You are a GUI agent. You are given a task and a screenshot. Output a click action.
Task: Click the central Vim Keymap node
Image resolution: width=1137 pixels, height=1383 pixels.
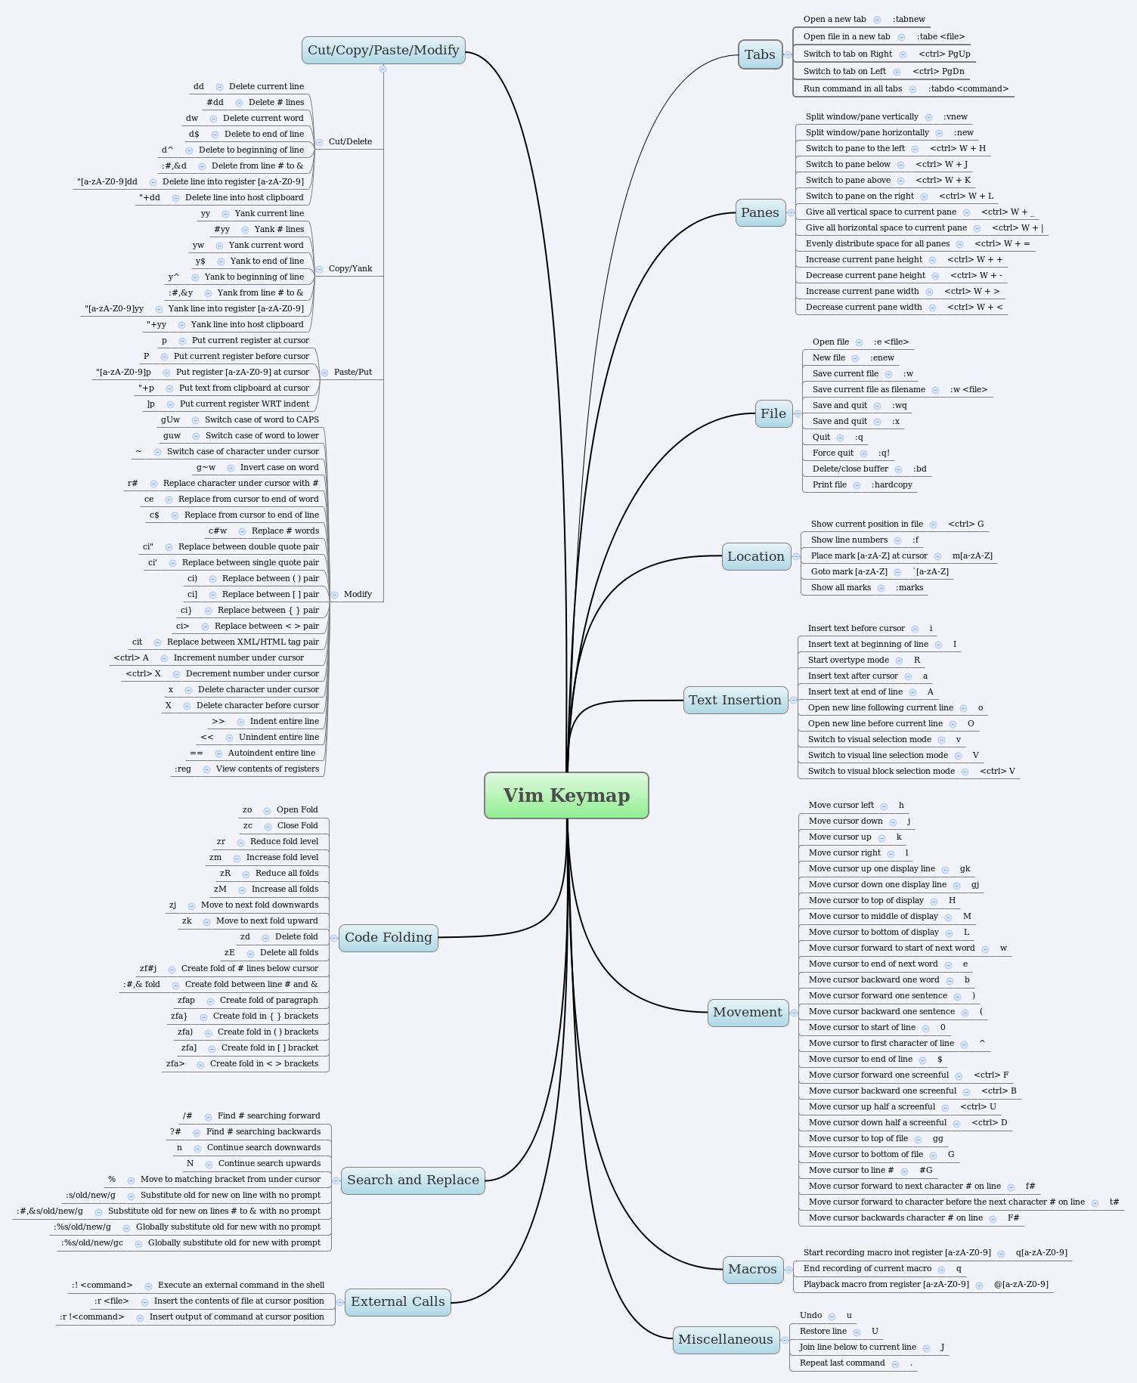click(x=566, y=795)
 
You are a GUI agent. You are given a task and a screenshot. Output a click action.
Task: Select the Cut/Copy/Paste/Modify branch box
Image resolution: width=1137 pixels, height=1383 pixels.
click(x=383, y=51)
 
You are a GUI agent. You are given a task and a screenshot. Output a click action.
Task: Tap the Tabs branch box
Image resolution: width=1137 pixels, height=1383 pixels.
click(x=760, y=54)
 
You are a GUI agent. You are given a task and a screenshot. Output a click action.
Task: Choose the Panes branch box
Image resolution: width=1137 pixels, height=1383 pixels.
click(x=760, y=212)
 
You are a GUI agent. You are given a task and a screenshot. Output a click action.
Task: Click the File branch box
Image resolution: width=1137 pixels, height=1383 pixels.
click(x=773, y=413)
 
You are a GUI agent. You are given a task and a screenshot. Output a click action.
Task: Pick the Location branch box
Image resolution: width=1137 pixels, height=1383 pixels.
click(x=756, y=556)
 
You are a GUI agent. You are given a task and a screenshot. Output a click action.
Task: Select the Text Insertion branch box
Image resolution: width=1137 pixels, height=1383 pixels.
click(x=735, y=700)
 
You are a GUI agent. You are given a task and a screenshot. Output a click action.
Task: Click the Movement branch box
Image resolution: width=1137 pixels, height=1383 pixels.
click(x=748, y=1012)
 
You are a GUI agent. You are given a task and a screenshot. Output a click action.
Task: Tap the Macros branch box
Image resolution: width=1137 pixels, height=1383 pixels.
click(x=752, y=1269)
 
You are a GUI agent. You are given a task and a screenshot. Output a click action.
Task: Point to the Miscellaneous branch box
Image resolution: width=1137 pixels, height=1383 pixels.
click(x=726, y=1339)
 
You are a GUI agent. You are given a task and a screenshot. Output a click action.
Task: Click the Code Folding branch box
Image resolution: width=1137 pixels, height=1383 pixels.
click(x=389, y=937)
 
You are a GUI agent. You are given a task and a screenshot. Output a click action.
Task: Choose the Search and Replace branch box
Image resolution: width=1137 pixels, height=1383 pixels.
click(x=413, y=1180)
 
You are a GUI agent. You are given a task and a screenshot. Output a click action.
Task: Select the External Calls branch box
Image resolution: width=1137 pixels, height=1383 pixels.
click(x=398, y=1301)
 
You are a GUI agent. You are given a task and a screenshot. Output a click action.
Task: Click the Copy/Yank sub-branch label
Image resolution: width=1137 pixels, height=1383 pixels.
click(x=350, y=268)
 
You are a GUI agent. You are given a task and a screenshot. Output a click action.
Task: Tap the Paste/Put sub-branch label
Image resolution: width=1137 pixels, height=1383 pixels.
click(x=353, y=372)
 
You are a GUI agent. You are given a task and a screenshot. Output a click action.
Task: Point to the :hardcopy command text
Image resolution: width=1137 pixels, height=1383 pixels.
click(x=892, y=484)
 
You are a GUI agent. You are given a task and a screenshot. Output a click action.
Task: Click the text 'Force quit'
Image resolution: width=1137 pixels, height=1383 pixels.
click(x=833, y=453)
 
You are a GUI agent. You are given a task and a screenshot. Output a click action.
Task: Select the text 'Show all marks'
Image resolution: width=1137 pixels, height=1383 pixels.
click(x=841, y=587)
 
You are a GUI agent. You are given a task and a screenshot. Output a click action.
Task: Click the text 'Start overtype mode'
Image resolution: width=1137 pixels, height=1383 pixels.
click(x=848, y=660)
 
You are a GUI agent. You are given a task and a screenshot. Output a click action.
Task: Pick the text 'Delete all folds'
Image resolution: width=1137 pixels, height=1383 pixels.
click(x=289, y=952)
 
